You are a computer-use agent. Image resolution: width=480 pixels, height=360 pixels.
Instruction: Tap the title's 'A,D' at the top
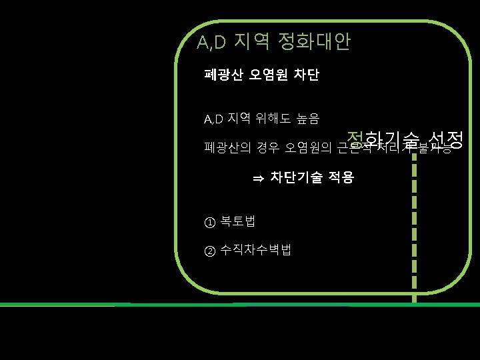coord(212,43)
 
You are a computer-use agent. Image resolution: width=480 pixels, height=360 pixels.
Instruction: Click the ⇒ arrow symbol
coord(258,178)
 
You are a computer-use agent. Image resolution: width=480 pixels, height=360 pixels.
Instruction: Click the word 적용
coord(340,177)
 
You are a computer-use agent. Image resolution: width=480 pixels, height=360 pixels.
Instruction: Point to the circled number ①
coord(210,222)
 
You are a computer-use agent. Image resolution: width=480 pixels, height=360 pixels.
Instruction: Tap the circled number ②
coord(210,251)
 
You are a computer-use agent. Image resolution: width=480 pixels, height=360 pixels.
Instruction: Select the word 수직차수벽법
coord(255,250)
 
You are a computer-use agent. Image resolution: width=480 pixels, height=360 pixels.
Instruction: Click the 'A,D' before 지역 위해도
coord(213,120)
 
